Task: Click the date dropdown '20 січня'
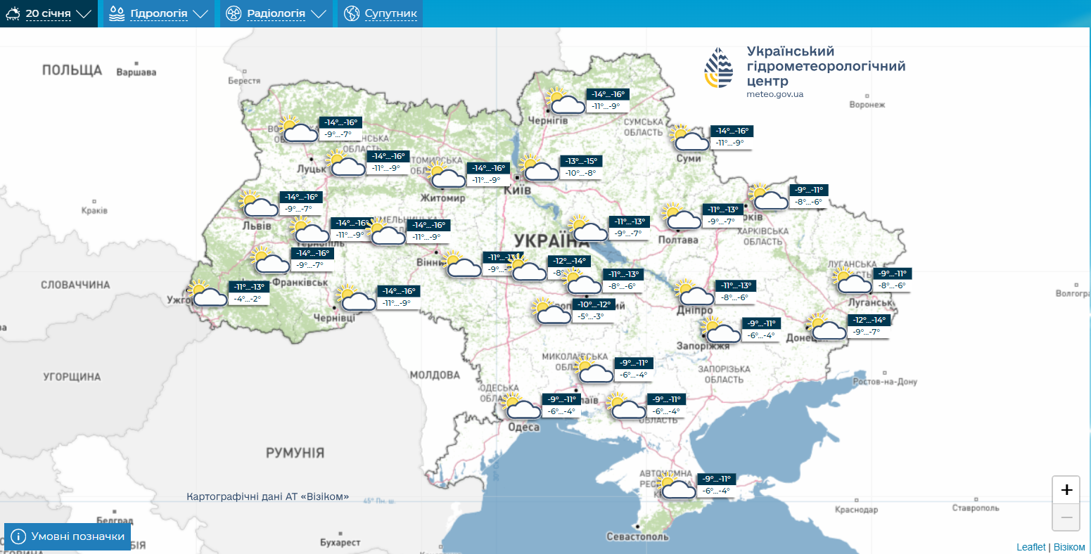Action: tap(49, 13)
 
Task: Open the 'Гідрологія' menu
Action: tap(159, 13)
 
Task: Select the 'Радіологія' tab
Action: tap(276, 13)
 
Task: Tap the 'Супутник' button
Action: tap(381, 13)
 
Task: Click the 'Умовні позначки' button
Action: tap(68, 536)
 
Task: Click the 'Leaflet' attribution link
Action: tap(1031, 547)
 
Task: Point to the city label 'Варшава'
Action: tap(136, 72)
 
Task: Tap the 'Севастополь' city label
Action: tap(637, 536)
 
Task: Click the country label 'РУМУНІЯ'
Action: tap(295, 453)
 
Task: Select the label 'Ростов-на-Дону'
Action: tap(885, 382)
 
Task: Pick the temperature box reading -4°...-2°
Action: tap(248, 299)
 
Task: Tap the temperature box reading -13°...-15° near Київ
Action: tap(581, 161)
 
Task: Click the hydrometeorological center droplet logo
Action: tap(718, 68)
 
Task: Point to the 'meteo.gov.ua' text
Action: tap(774, 94)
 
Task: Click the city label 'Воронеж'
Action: tap(867, 105)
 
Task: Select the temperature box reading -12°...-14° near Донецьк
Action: tap(869, 320)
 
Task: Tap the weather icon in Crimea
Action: tap(676, 487)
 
